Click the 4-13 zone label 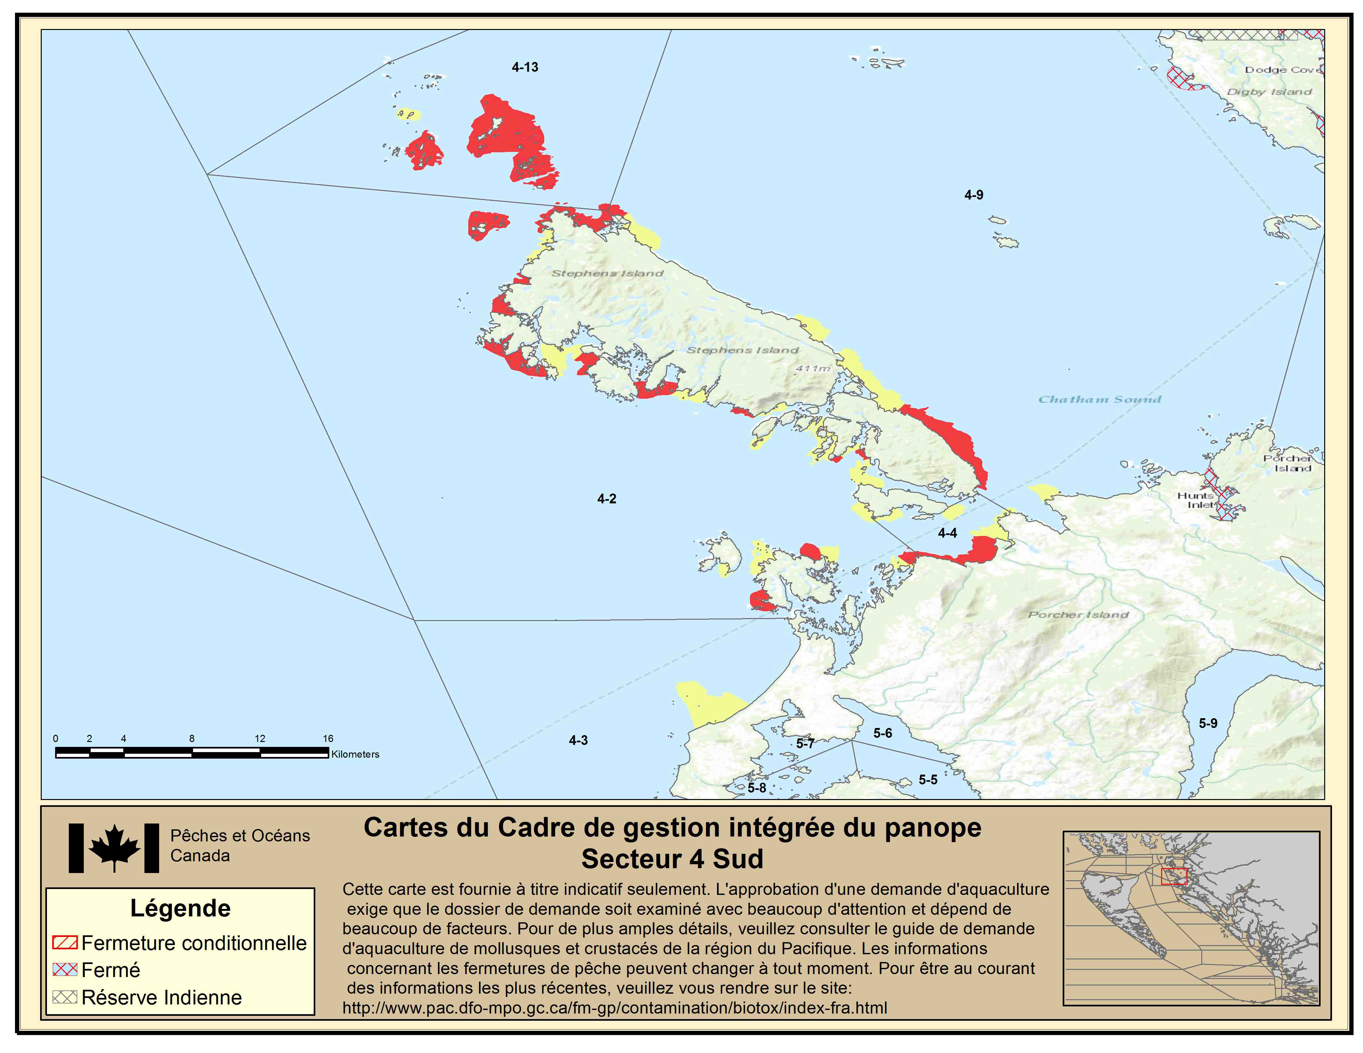[x=525, y=67]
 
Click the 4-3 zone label [x=578, y=740]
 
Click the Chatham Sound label [x=1100, y=399]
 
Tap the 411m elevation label [x=813, y=369]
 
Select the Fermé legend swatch [x=65, y=970]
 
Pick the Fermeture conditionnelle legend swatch [x=65, y=942]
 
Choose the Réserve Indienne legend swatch [x=65, y=998]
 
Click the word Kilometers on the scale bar [x=355, y=754]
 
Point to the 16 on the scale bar [x=328, y=739]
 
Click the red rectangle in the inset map [x=1174, y=876]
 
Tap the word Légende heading [x=180, y=908]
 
